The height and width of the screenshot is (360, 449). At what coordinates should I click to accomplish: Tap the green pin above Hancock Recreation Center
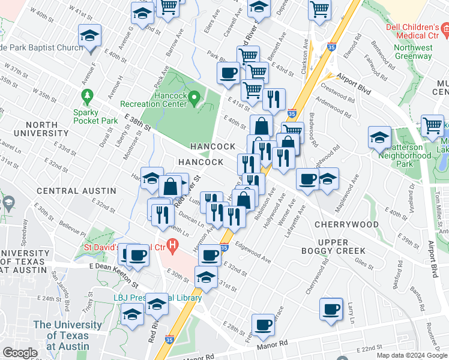pos(194,97)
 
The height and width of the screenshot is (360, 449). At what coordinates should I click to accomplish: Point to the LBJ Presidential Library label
pos(157,298)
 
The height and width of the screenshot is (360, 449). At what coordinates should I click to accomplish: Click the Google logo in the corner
pos(20,352)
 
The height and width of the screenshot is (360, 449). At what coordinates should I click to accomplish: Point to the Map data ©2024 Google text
pos(412,355)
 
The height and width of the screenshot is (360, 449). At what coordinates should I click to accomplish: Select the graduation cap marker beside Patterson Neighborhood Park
pos(379,137)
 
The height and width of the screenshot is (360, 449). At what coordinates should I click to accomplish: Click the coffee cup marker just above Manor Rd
pos(263,325)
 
